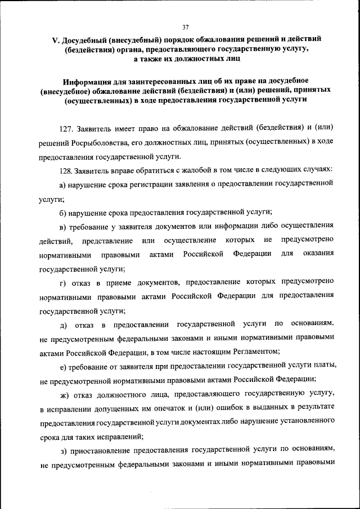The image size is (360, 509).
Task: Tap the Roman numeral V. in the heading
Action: [x=56, y=40]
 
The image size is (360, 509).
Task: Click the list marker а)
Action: [x=63, y=184]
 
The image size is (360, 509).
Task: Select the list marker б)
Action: [x=63, y=212]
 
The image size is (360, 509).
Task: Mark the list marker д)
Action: [x=63, y=323]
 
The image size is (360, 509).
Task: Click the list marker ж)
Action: [x=64, y=392]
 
